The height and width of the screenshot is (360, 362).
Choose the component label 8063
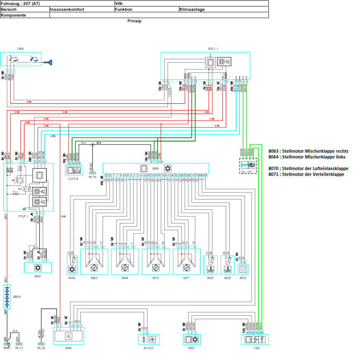[94, 278]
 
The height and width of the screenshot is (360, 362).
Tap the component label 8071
[186, 278]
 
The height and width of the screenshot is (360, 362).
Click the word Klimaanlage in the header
[192, 9]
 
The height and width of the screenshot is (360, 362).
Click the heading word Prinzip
[134, 21]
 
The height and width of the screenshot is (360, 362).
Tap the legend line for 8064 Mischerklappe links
[307, 157]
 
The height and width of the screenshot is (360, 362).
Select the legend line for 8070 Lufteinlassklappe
[308, 168]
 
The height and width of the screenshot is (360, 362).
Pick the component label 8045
[68, 348]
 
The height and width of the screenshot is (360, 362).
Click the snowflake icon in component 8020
[38, 268]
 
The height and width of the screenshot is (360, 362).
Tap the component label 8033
[242, 278]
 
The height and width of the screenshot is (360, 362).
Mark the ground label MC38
[41, 348]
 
